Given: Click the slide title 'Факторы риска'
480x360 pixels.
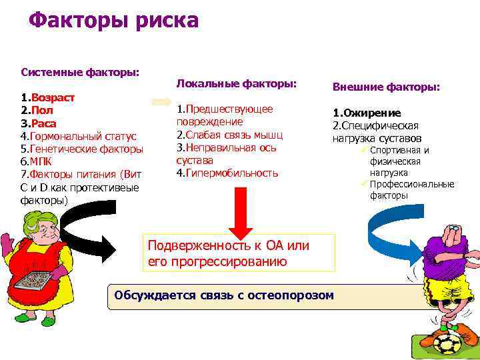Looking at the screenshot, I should point(113,20).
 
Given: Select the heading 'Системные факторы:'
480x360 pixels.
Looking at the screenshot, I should point(80,71).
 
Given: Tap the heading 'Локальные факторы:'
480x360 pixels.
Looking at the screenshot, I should point(235,83).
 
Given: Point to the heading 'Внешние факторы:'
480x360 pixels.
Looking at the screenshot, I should point(386,87).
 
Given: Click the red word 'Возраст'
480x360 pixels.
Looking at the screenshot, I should point(53,97).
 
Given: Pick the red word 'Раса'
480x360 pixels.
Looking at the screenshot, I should point(43,123).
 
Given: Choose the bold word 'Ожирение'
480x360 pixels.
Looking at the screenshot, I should point(372,113).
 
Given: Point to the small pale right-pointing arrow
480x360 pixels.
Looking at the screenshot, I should point(162,102).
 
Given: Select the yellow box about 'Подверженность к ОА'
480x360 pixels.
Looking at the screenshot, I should point(240,253).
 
